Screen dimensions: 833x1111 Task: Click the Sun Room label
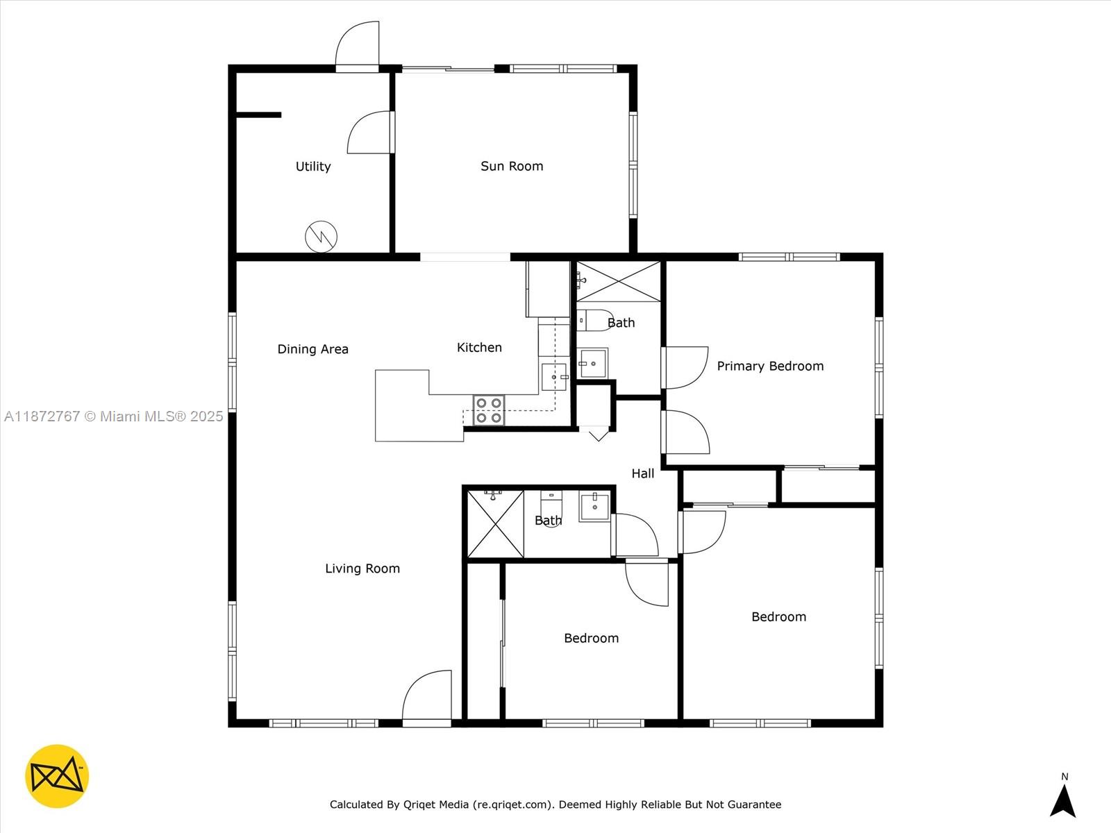(x=512, y=166)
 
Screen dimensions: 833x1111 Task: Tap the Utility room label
(x=313, y=167)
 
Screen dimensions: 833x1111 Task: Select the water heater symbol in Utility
(x=321, y=237)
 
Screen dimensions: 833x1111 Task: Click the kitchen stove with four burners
(x=489, y=410)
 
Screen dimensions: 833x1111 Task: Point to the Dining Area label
(x=312, y=349)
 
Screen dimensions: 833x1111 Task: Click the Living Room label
(x=362, y=569)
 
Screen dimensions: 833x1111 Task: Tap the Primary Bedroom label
(x=770, y=366)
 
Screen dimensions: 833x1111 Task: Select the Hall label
(x=642, y=473)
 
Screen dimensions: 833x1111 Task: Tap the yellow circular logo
(x=57, y=776)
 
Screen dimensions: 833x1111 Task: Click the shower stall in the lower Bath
(x=495, y=524)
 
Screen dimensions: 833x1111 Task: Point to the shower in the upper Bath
(x=618, y=281)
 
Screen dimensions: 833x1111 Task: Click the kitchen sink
(x=553, y=377)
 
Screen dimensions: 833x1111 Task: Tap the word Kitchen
(x=479, y=348)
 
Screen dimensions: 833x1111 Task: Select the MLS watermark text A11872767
(x=42, y=416)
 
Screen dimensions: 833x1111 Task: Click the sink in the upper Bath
(x=594, y=363)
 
